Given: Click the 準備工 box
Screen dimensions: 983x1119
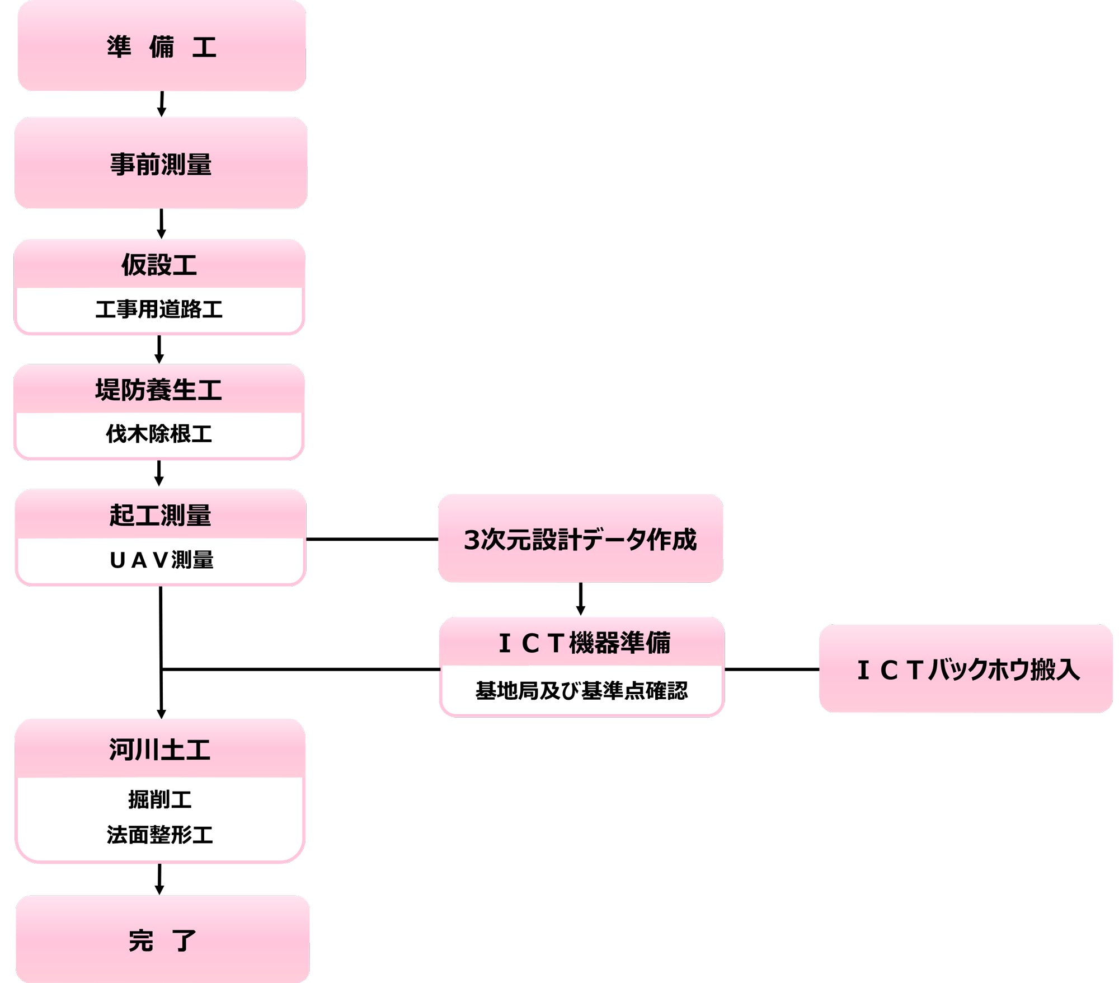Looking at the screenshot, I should coord(162,46).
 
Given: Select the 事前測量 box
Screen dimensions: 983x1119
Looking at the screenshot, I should coord(161,164).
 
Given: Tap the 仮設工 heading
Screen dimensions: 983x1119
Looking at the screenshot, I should coord(159,265).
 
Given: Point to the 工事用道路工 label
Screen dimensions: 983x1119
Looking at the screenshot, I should coord(159,310).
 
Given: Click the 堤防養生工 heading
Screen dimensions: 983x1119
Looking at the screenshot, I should coord(159,390).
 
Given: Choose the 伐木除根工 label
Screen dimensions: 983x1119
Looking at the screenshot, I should coord(159,434).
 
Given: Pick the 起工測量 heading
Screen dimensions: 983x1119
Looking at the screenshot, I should coord(161,516).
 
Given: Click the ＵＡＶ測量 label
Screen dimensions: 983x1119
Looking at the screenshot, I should coord(162,560).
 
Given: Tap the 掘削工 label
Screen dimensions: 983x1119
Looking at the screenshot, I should coord(160,800).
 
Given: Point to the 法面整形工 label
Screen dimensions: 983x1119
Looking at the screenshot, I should coord(160,835).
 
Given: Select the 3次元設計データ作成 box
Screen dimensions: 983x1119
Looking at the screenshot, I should coord(580,539).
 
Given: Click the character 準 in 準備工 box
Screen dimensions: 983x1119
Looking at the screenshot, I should coord(119,46).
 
